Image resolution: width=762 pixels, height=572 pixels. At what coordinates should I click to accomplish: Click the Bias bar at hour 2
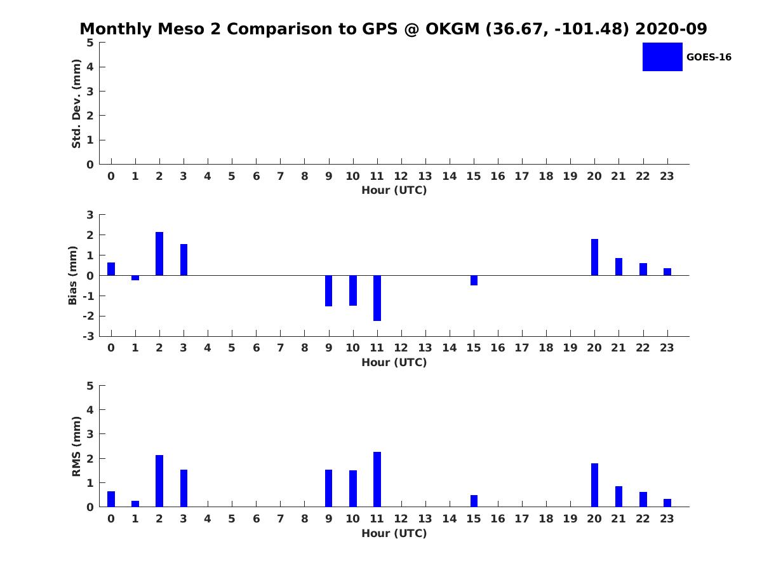click(159, 254)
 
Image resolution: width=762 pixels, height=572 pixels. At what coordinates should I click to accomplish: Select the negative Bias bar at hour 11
click(377, 298)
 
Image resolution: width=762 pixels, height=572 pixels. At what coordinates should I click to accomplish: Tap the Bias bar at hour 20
click(594, 257)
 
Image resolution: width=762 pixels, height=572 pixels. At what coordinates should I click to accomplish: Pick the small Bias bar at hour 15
click(474, 280)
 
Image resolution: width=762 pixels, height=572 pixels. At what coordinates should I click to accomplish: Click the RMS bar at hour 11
click(377, 479)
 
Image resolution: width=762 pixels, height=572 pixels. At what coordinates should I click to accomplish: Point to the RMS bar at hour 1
click(135, 503)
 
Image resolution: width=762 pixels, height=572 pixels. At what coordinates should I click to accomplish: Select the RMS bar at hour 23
click(667, 503)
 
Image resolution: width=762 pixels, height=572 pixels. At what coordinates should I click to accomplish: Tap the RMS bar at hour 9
click(328, 488)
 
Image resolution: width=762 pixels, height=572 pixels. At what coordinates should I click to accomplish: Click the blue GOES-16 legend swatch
click(662, 57)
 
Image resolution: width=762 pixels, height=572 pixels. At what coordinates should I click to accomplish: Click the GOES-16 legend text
click(709, 57)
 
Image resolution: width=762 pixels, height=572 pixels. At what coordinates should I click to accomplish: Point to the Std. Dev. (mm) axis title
click(76, 104)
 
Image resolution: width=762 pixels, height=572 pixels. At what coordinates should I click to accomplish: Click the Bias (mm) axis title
click(72, 275)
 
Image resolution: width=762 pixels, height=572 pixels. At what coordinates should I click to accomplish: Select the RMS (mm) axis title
click(76, 446)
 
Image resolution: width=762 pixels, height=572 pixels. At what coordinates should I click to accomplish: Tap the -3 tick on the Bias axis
click(88, 336)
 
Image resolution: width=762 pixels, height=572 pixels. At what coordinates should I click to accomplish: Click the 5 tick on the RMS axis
click(90, 386)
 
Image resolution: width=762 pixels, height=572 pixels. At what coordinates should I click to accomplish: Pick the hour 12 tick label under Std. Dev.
click(401, 176)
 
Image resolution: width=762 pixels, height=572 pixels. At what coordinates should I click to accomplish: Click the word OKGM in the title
click(452, 29)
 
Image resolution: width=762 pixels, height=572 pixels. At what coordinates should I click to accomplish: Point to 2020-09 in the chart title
click(671, 29)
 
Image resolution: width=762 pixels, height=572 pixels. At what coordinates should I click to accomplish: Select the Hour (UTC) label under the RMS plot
click(394, 533)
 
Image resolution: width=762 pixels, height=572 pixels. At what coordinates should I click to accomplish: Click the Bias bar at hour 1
click(135, 278)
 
